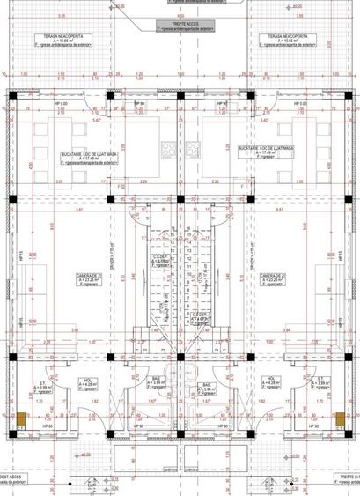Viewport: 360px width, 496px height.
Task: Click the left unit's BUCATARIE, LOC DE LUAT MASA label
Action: pos(89,157)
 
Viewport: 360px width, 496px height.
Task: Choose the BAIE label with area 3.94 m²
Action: pos(208,387)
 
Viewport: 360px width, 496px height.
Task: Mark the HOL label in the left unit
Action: pos(87,381)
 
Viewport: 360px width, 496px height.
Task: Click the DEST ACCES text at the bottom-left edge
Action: pos(12,477)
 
